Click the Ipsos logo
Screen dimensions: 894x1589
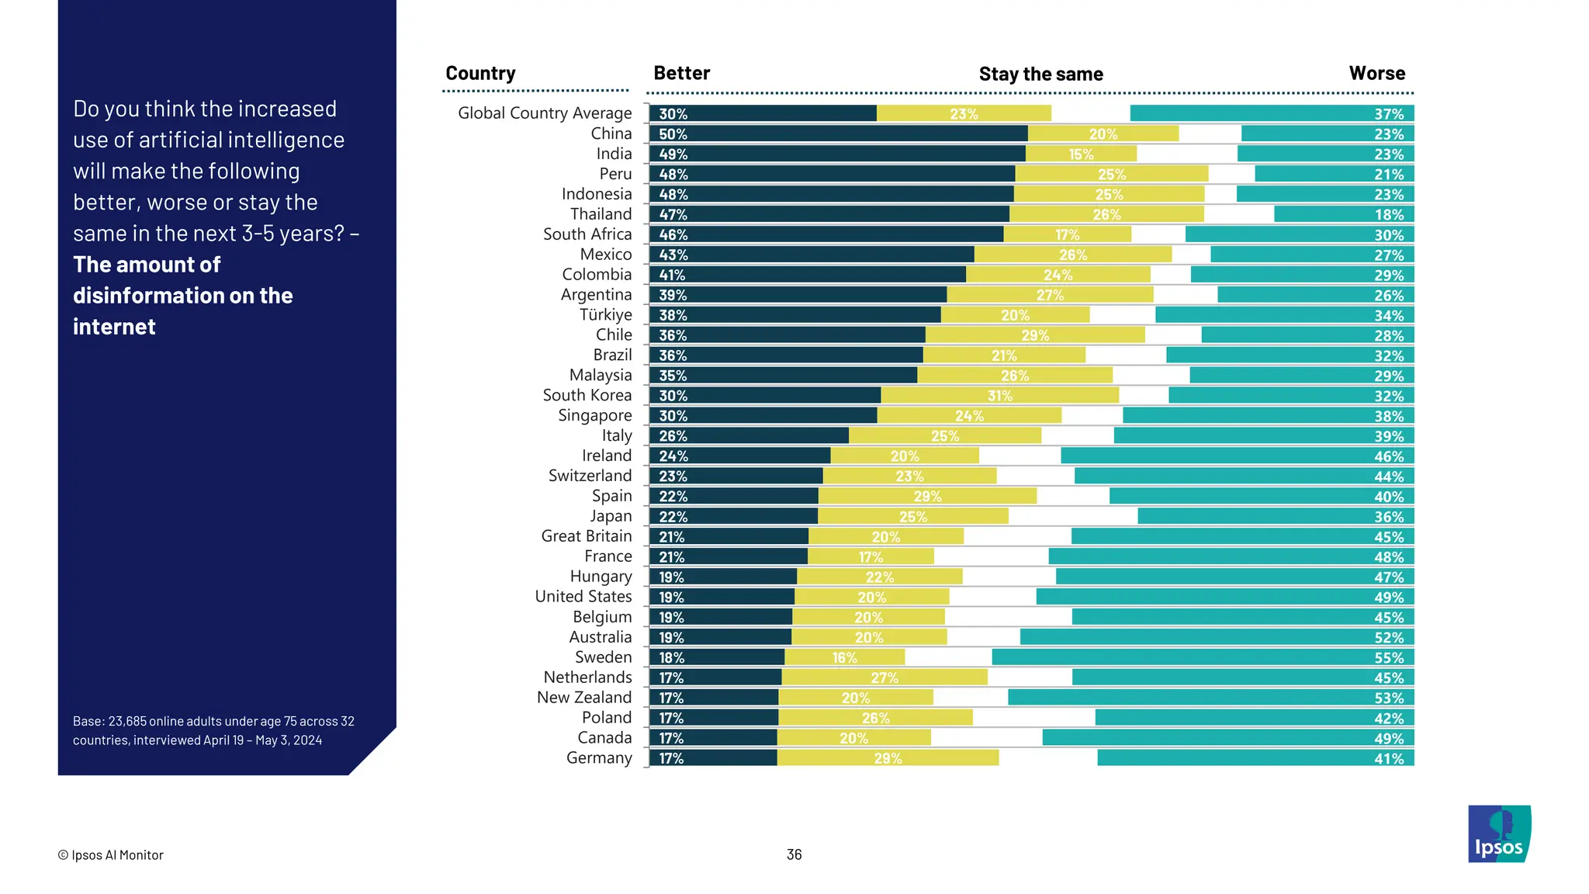click(x=1499, y=833)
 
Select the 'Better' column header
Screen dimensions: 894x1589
click(x=681, y=74)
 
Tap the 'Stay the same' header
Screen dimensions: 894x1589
click(x=1040, y=74)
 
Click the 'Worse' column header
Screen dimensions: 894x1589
click(x=1376, y=74)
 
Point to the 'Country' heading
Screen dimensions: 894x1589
click(x=480, y=74)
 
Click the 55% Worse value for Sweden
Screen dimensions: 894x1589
click(x=1388, y=658)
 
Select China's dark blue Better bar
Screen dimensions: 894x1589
click(x=838, y=134)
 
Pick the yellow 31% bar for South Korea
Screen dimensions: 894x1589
click(x=999, y=396)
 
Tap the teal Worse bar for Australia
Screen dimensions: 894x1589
click(x=1217, y=637)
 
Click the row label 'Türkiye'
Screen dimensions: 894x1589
click(x=605, y=315)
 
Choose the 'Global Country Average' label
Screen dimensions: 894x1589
click(x=545, y=113)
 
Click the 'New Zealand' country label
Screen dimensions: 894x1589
click(x=584, y=698)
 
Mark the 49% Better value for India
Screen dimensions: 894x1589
click(x=673, y=154)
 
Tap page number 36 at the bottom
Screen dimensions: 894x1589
click(x=794, y=854)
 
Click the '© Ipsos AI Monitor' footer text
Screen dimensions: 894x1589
click(x=111, y=855)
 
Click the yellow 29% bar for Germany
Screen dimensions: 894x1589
click(x=888, y=758)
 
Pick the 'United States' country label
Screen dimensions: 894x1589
click(x=583, y=597)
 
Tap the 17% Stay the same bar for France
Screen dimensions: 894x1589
click(x=871, y=557)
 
